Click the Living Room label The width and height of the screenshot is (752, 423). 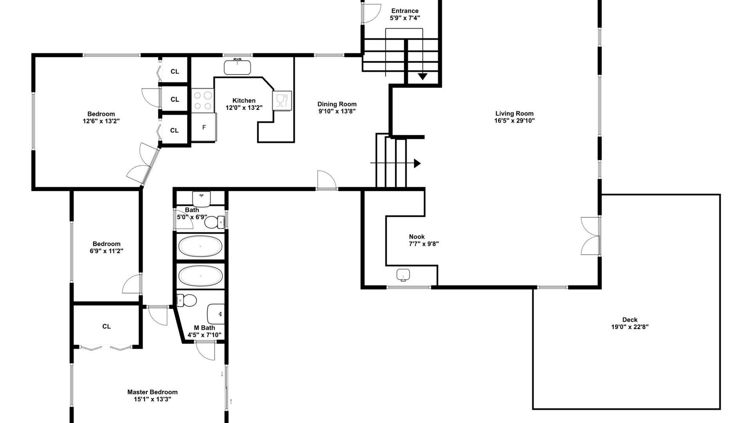[514, 114]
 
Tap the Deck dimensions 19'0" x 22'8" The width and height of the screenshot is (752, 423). [630, 327]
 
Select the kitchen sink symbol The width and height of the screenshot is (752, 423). [237, 67]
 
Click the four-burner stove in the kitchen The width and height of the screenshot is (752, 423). [203, 100]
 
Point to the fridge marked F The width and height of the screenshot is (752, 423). [204, 127]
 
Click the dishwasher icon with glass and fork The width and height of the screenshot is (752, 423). [282, 101]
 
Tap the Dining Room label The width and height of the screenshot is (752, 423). [337, 104]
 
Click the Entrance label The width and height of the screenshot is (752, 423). [405, 11]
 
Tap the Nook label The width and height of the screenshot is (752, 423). [417, 237]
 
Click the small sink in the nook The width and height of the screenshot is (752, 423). [403, 275]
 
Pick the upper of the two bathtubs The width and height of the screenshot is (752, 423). [200, 246]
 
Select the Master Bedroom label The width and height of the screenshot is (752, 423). [152, 392]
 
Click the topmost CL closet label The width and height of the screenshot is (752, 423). [175, 71]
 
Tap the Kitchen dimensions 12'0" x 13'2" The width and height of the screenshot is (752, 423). [244, 108]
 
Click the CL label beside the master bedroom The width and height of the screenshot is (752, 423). [107, 326]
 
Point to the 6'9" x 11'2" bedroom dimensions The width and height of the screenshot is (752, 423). [107, 251]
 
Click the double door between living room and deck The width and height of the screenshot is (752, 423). [591, 236]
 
